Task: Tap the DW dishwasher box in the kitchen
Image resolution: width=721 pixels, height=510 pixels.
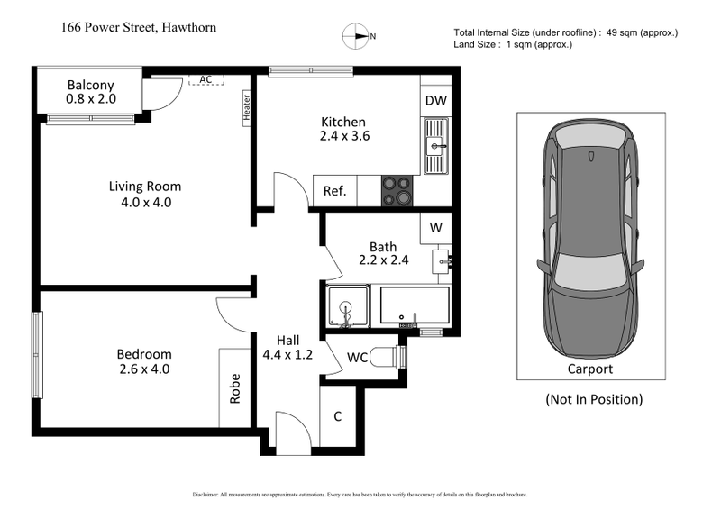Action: [435, 100]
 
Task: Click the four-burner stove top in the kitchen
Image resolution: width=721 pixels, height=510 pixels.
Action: [398, 191]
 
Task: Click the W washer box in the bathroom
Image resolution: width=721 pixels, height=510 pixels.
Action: [435, 228]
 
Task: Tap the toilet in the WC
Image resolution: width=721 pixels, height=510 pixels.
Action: [386, 358]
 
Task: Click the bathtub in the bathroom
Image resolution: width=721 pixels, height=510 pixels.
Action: [415, 307]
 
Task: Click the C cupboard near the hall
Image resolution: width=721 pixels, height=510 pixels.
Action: [338, 416]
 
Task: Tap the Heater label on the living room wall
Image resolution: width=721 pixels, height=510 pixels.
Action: [245, 108]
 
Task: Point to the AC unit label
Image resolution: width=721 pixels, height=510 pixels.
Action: [205, 79]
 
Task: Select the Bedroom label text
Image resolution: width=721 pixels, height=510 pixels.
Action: [143, 354]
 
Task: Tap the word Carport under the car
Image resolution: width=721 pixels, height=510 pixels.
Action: [589, 369]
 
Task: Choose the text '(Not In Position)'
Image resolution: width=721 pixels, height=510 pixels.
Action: [594, 399]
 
